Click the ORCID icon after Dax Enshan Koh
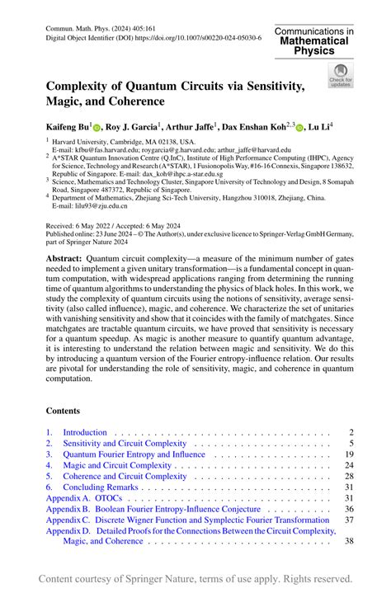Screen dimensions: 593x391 tap(299, 129)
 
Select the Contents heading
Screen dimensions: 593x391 tap(64, 410)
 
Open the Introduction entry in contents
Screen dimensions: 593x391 tap(85, 432)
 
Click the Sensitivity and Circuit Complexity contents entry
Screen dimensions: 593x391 tap(125, 443)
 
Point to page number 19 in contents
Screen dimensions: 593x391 tap(349, 454)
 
